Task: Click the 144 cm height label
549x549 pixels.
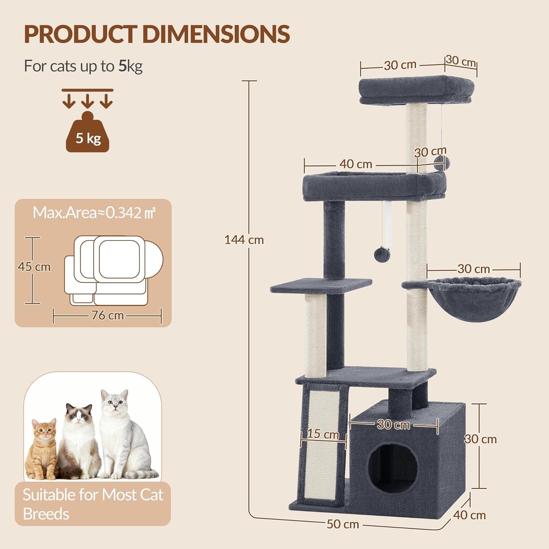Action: point(244,240)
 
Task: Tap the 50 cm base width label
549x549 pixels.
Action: point(343,524)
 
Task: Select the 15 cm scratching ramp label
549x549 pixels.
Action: point(323,434)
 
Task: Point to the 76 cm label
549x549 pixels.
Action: point(107,315)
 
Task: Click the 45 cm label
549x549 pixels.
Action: point(34,266)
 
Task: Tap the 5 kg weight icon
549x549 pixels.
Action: point(87,132)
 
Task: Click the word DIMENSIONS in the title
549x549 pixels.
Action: point(216,34)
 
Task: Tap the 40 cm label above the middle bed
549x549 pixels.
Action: point(356,164)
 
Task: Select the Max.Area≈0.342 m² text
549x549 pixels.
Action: point(94,213)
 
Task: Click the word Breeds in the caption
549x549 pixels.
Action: point(46,514)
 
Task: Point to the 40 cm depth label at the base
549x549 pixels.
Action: point(470,515)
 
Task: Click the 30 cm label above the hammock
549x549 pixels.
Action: point(474,269)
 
